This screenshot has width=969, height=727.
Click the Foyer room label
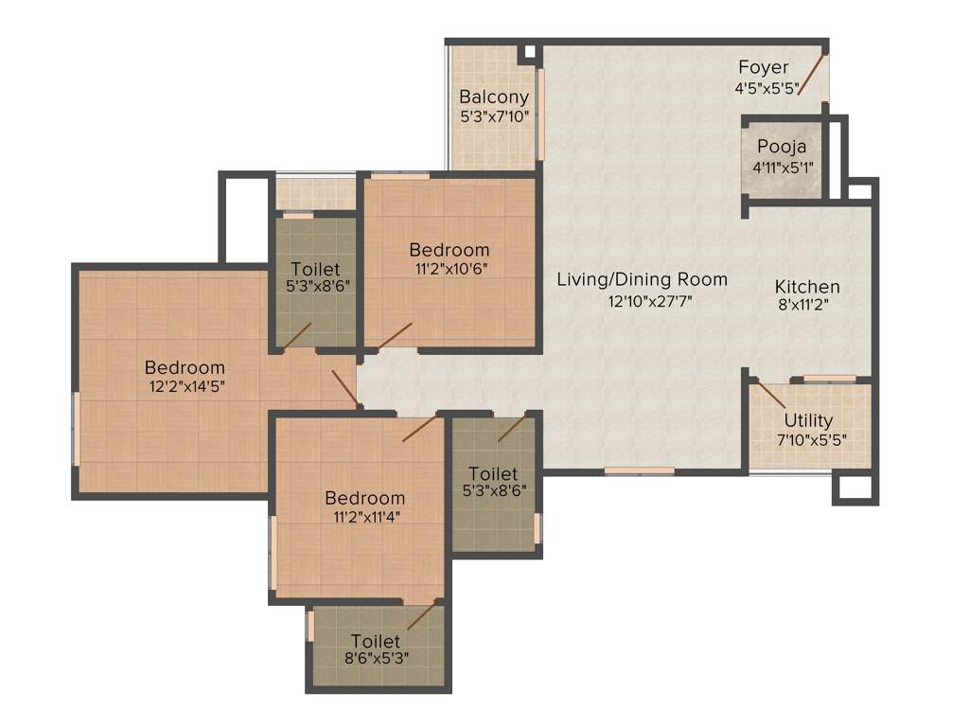763,68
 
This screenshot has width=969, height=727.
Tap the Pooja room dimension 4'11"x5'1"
782,167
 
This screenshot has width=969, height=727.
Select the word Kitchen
807,287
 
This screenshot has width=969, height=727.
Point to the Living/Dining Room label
642,279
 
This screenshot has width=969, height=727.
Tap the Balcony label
494,97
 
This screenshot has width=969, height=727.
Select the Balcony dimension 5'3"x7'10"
494,116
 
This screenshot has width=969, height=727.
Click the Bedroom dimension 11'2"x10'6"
449,269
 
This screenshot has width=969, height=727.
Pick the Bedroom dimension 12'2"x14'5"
185,386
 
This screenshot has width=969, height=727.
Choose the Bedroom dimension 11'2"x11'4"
365,517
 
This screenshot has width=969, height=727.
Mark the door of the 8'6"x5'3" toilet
421,616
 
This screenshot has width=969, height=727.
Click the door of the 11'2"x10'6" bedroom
395,336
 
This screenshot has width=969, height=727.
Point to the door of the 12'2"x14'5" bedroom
344,388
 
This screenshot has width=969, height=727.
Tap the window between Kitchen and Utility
830,379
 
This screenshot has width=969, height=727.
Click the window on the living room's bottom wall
639,470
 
